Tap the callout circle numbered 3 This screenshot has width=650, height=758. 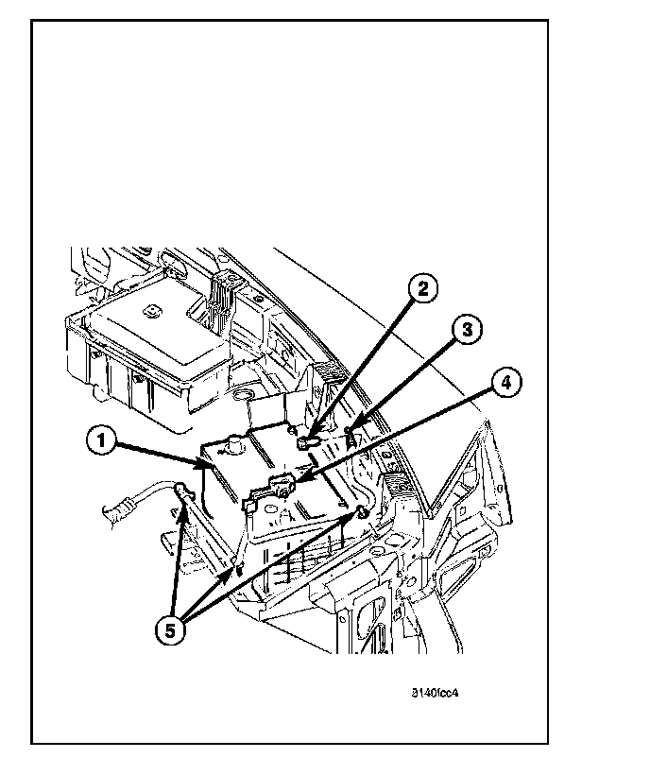pos(465,330)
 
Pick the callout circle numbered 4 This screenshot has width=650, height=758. pos(505,383)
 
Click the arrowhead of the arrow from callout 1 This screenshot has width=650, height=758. pos(210,464)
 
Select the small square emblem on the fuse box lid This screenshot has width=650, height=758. pos(151,309)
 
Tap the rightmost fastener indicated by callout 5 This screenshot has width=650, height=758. pos(361,512)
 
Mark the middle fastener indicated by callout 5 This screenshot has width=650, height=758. pos(237,569)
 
